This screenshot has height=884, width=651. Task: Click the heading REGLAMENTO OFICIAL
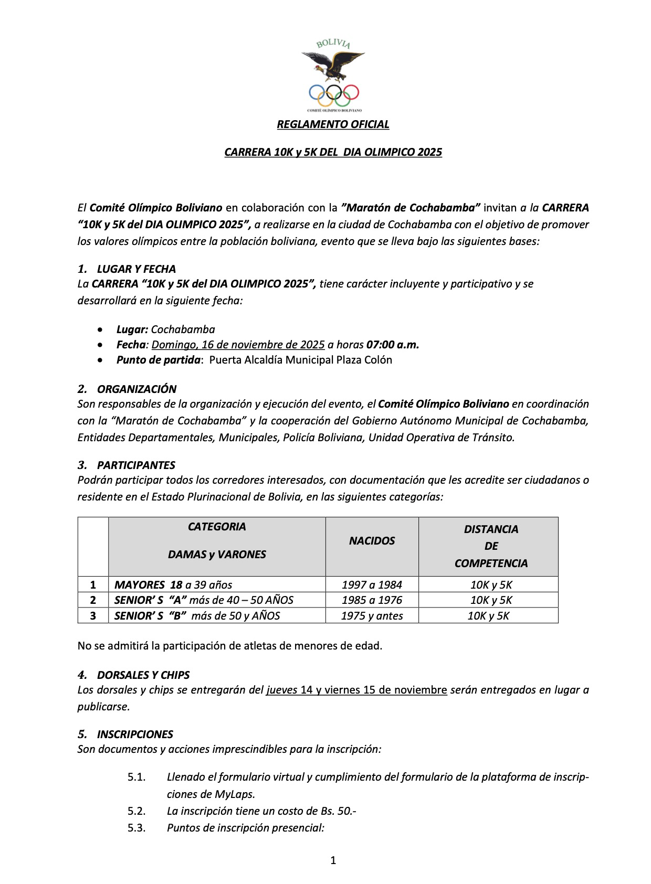(333, 124)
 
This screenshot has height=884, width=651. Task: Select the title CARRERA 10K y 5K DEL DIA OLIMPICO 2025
(333, 152)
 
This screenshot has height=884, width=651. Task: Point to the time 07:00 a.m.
(393, 345)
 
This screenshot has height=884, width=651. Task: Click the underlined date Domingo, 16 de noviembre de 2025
(238, 345)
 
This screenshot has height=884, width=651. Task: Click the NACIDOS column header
(372, 541)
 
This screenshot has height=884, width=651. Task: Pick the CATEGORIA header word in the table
(217, 527)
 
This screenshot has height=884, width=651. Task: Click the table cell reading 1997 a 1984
(372, 585)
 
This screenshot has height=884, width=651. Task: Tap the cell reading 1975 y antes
(372, 616)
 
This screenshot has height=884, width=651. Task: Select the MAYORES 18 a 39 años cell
(173, 585)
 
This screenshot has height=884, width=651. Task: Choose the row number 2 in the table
(93, 600)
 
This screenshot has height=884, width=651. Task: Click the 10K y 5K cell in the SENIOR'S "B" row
(488, 616)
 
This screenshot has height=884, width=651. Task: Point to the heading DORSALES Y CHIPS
(143, 675)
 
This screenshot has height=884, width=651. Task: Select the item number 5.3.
(136, 828)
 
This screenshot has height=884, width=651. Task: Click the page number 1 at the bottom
(333, 860)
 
